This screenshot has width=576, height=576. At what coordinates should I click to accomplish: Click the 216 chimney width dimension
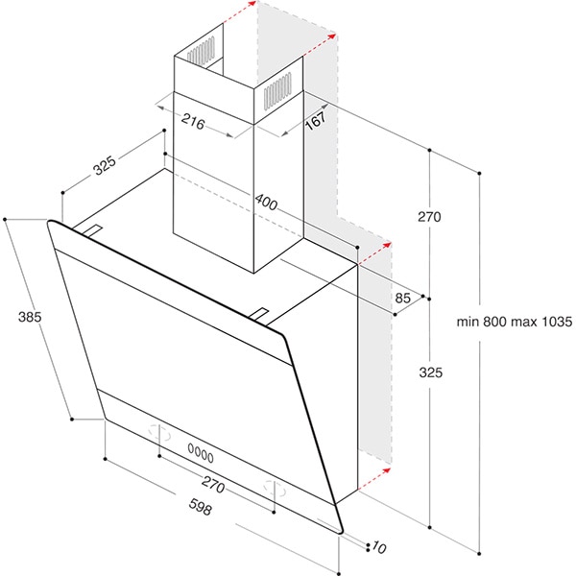coord(193,122)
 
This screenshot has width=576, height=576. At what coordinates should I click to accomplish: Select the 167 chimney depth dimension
coord(316,120)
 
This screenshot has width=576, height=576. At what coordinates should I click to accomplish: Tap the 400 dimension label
coord(266,203)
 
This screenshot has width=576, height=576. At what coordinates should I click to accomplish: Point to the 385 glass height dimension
coord(30,317)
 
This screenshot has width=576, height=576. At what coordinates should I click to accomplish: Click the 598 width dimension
coord(201,507)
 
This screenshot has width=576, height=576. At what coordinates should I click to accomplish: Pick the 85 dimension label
coord(402,298)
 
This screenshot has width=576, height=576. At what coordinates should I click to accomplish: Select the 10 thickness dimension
coord(379,547)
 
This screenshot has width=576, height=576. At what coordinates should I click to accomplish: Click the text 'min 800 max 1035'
coord(515,322)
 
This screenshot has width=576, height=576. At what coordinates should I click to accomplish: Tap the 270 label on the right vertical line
coord(429,217)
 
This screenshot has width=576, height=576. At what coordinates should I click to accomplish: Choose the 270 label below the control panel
coord(213,485)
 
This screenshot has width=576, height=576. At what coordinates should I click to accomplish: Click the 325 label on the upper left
coord(105,165)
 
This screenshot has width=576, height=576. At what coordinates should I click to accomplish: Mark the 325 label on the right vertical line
coord(430,372)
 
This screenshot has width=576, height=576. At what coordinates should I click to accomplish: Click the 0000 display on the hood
coord(201,453)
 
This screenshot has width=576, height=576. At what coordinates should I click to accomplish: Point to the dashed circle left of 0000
coord(159,433)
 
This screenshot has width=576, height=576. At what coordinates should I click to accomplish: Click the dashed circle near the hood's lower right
coord(275,489)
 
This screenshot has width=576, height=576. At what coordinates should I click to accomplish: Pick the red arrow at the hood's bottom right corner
coord(374,479)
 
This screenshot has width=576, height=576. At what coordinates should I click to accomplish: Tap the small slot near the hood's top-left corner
coord(92,230)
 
